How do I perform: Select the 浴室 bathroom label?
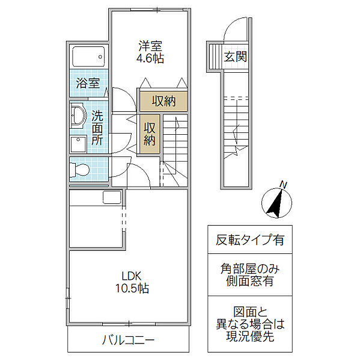coord(88,83)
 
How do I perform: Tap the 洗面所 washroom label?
coord(97,127)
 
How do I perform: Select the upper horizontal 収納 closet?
coord(163,101)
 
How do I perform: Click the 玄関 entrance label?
coord(236,58)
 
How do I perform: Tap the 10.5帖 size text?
coord(132,289)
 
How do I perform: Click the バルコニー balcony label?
coord(127,340)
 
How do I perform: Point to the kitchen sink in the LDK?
coord(111,197)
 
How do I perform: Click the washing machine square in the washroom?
coord(78,144)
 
